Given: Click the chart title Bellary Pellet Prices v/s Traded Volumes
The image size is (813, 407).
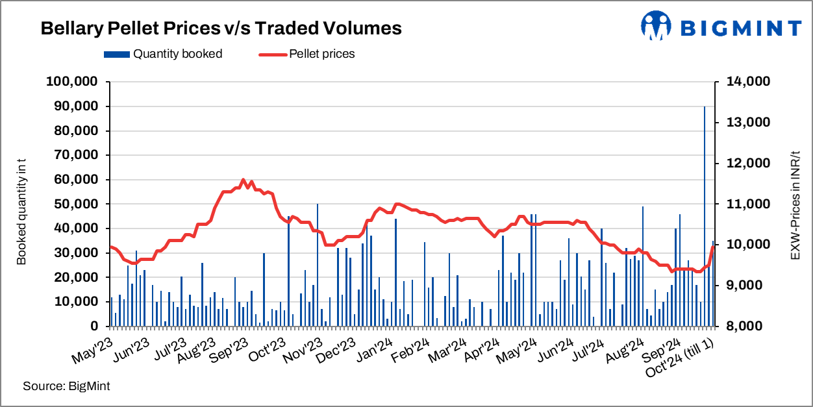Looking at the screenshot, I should (x=221, y=29).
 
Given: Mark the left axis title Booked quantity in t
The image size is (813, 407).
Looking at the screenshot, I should (x=22, y=204).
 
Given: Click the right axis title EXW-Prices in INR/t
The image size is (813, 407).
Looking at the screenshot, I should (x=794, y=204).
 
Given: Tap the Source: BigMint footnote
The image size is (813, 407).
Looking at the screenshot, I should (x=66, y=386).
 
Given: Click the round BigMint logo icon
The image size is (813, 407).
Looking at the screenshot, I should (x=657, y=27).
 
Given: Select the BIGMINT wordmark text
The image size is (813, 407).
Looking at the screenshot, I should (x=741, y=28).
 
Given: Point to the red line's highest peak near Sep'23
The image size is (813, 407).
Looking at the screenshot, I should (x=243, y=180).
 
